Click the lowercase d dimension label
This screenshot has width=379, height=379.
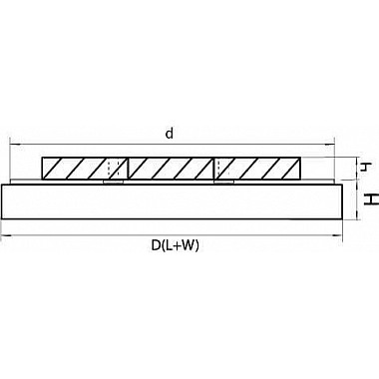tap(170, 134)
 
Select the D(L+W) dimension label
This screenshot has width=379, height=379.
tap(176, 245)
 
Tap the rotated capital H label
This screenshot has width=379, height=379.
tap(371, 199)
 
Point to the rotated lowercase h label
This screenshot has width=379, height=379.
tap(366, 167)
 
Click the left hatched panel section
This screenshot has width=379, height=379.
tap(85, 169)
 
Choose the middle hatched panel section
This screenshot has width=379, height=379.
tap(171, 169)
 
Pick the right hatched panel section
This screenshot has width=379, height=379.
tap(257, 169)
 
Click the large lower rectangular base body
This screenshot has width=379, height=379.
tap(172, 201)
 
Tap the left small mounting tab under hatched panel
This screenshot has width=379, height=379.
tap(114, 182)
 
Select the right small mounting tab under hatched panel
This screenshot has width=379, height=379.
tap(224, 182)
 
